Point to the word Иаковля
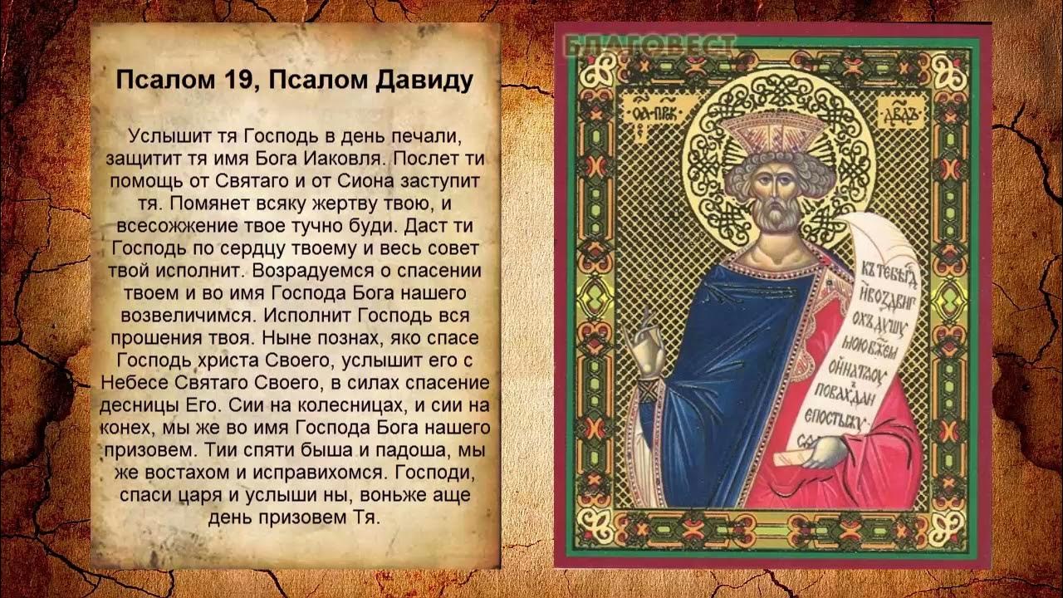342,157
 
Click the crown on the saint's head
773,131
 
